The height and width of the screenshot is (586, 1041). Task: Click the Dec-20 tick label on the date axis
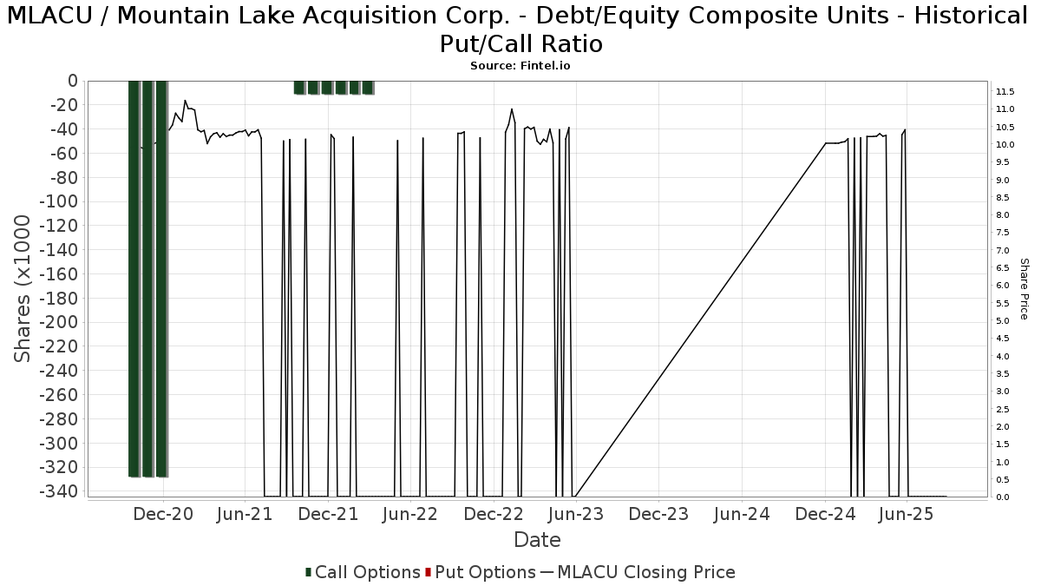click(163, 514)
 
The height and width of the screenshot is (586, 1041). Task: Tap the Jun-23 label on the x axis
click(576, 514)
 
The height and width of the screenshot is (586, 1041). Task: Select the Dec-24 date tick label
click(825, 514)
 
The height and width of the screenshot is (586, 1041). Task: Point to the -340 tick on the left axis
click(59, 491)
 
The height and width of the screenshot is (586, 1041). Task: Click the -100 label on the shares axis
click(59, 201)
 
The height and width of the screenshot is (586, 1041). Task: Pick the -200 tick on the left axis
click(59, 322)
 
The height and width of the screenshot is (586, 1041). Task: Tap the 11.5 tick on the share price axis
click(1005, 92)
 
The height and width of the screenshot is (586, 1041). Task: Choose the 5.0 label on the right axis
click(1003, 321)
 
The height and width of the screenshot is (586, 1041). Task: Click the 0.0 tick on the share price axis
click(1003, 497)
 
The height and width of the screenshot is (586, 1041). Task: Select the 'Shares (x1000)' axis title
click(22, 289)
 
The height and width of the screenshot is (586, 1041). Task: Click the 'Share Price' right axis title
click(1024, 289)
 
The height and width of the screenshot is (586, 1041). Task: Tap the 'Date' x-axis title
click(537, 540)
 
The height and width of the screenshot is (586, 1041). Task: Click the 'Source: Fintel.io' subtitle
click(520, 66)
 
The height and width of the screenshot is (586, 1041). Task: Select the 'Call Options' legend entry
click(363, 572)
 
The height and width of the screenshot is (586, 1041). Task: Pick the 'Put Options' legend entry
click(481, 572)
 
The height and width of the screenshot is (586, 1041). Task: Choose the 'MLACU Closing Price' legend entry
click(638, 572)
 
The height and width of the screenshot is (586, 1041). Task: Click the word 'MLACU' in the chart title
click(49, 16)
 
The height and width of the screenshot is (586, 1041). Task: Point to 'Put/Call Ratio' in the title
click(521, 44)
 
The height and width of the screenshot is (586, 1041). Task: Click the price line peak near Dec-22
click(512, 109)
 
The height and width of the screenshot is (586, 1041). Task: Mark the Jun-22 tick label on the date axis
click(409, 514)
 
